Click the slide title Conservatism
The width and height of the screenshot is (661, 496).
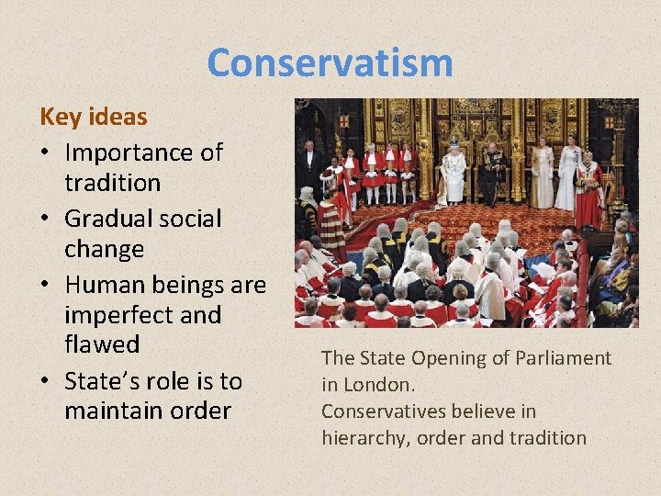click(330, 63)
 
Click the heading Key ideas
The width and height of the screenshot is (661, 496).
click(93, 118)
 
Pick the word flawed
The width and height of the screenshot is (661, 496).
click(101, 344)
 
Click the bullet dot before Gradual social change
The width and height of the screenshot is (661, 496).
click(45, 220)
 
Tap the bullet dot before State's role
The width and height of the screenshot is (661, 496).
click(45, 380)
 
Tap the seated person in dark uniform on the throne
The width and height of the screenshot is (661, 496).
click(492, 172)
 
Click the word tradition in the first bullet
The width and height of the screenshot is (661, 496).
click(112, 182)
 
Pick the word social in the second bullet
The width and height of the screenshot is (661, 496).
click(187, 219)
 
